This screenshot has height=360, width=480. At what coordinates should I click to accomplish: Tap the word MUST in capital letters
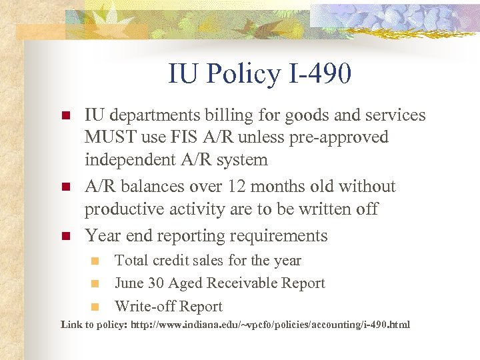coord(106,137)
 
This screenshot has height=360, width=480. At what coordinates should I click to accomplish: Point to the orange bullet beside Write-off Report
coord(95,307)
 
